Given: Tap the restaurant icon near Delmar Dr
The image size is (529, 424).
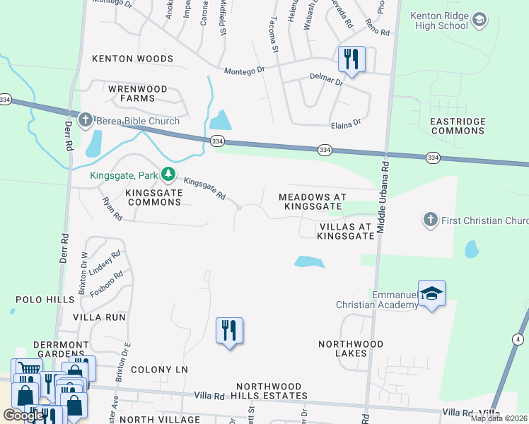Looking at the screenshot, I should coord(351,59).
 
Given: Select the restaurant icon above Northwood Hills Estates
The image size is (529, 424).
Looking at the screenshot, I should coord(229,330).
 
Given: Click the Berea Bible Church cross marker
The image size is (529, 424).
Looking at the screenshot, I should coord(86,120).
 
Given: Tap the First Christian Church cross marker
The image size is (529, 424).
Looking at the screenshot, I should coord(430,220).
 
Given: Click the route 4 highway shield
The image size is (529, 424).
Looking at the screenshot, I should coord(520,340).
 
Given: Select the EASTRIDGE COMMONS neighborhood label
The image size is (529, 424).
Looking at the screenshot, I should coord(458,126).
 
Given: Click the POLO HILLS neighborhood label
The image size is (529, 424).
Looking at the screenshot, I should coord(35,300).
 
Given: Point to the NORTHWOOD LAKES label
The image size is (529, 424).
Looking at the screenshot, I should coord(351,348).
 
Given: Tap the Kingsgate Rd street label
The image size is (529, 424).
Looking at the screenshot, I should coord(204,189).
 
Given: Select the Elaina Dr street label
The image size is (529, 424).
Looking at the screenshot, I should coord(346,124).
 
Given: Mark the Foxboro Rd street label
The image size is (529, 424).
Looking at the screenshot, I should coord(107,284).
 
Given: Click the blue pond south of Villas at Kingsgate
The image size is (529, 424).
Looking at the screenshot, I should coord(309,262).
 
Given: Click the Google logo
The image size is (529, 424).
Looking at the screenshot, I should coord(23,416).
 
